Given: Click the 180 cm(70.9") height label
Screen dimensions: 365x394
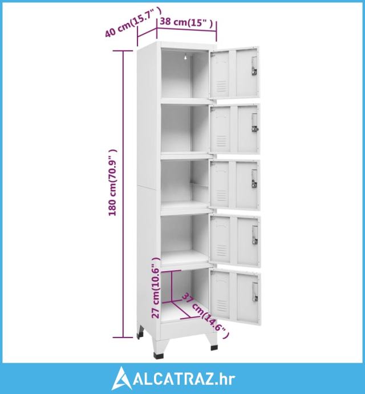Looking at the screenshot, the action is (x=112, y=183).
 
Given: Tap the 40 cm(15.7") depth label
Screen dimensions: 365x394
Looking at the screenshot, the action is (x=133, y=22).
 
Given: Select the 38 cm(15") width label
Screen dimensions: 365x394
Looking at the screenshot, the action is (x=186, y=22).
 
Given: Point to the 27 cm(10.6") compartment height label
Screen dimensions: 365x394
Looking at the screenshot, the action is (x=156, y=288).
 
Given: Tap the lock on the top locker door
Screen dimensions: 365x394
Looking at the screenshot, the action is (x=254, y=66).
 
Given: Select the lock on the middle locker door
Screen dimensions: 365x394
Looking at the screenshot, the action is (x=254, y=179).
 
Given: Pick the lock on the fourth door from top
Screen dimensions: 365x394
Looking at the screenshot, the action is (x=255, y=235).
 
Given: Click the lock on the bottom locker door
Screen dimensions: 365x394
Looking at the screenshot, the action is (x=255, y=292).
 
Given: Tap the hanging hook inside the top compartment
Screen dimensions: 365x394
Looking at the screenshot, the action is (x=185, y=57).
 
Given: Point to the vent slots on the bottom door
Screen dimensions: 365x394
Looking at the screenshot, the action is (x=222, y=305).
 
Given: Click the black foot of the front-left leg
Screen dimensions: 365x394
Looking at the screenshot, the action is (x=159, y=356).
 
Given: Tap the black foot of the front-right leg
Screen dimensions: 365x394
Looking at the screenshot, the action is (x=214, y=348).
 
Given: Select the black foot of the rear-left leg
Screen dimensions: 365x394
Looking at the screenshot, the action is (x=140, y=335).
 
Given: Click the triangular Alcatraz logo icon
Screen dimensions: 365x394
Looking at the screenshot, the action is (x=121, y=379).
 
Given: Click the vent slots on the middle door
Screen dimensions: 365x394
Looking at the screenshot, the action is (x=221, y=195).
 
